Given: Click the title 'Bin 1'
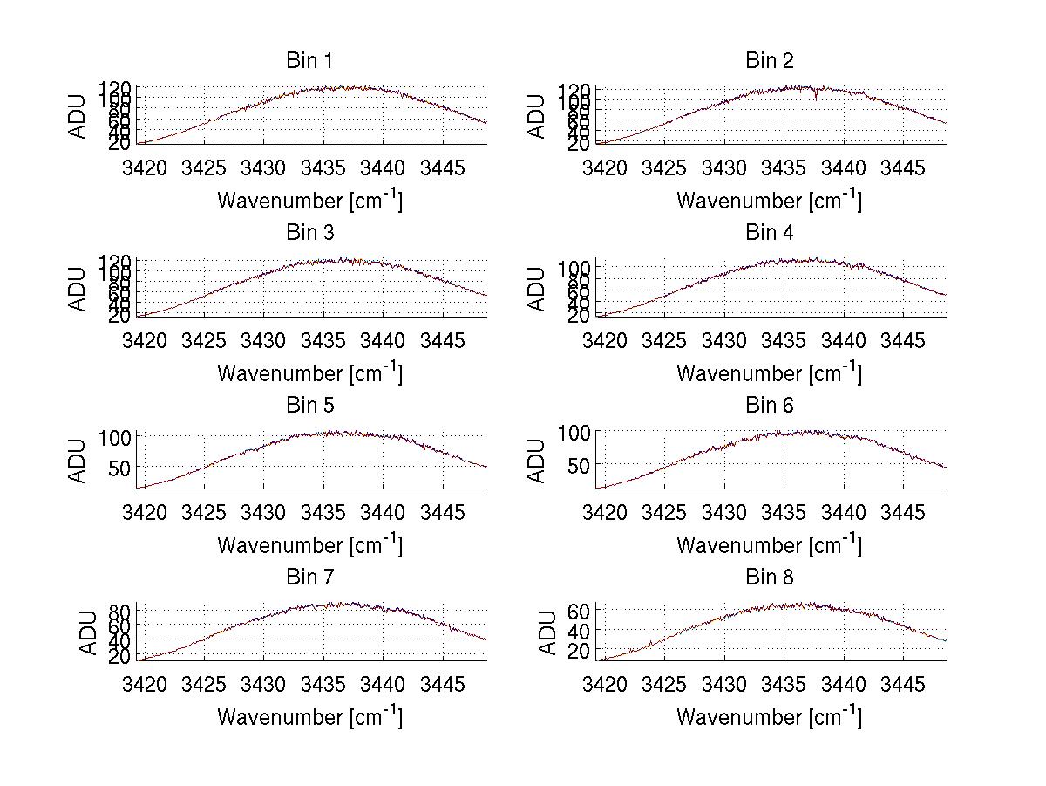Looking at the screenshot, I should [309, 61].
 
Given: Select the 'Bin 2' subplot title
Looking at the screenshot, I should [769, 61].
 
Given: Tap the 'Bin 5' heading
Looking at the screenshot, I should [309, 406].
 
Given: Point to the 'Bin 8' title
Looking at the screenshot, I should [769, 578].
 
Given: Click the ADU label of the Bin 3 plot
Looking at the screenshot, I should [78, 289].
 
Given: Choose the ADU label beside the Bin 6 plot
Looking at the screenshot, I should [538, 461].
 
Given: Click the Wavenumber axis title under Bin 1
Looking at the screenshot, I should [309, 201].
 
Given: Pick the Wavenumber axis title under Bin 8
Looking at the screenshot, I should [769, 717].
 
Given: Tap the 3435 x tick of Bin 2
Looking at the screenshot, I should [784, 167].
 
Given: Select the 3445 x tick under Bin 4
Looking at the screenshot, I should [902, 339].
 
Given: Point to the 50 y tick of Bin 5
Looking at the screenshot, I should [119, 468].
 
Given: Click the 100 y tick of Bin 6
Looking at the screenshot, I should [574, 433].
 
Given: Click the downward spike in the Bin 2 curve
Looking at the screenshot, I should [817, 97].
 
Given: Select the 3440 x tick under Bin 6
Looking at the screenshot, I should [843, 512].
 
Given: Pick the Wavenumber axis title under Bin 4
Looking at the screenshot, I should [769, 373].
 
